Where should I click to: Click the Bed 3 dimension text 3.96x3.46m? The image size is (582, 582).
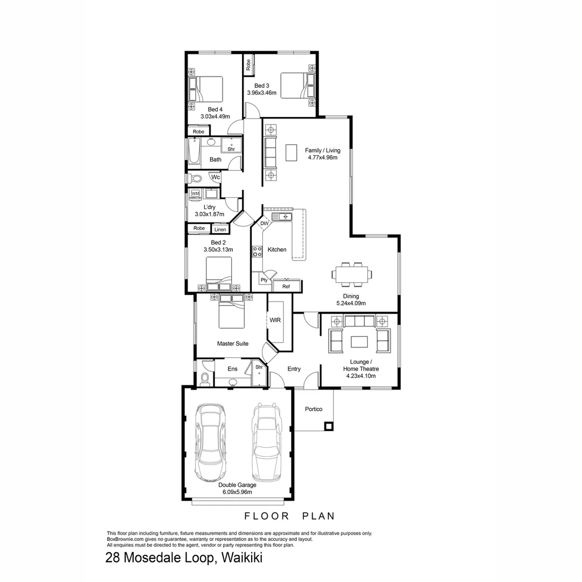coord(261,93)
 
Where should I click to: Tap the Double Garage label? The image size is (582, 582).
coord(237,484)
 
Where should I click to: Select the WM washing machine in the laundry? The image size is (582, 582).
coord(195,193)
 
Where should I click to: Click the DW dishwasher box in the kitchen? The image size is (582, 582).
coord(264,223)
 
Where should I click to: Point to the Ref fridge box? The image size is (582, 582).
coord(286,286)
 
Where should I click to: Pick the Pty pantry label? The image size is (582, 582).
coord(264,280)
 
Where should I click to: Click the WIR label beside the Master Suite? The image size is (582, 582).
coord(275,320)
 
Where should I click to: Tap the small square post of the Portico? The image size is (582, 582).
coord(328,426)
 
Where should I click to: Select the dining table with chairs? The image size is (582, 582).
coord(351,274)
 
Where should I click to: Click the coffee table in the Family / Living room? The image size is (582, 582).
coord(292,152)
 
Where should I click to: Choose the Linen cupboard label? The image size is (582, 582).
coord(220,230)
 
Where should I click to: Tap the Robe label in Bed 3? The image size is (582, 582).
coord(248,65)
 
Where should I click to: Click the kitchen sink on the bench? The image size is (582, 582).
coord(281,217)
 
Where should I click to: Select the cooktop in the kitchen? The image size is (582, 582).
coord(257,251)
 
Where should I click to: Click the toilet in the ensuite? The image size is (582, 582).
coord(204,379)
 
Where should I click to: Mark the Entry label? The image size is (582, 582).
coord(294,369)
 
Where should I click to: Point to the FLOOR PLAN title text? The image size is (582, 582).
coord(290,516)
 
